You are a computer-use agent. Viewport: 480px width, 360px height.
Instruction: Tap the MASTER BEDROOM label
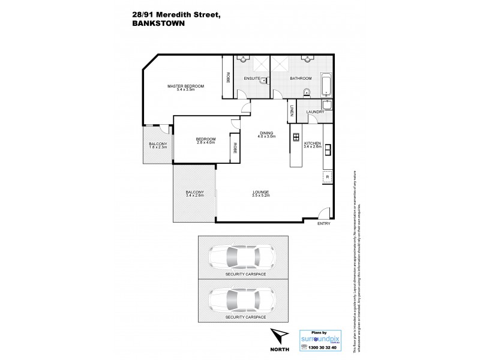(x=185, y=88)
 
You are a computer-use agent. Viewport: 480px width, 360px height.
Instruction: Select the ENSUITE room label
(x=252, y=79)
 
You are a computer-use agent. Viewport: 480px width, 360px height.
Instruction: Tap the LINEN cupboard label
(x=292, y=111)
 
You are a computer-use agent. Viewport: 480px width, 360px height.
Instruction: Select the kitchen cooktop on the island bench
(x=296, y=137)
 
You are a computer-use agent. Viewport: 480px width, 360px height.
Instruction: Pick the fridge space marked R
(x=327, y=177)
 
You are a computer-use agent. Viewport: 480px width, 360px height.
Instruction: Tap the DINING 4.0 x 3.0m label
(x=267, y=135)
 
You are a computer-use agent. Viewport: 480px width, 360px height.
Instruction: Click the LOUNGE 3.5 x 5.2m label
(x=262, y=194)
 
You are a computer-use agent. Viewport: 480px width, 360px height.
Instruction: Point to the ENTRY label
(x=324, y=224)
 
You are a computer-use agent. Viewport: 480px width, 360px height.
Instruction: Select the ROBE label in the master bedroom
(x=228, y=77)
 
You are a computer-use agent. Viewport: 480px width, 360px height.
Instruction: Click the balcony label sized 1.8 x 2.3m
(x=158, y=146)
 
